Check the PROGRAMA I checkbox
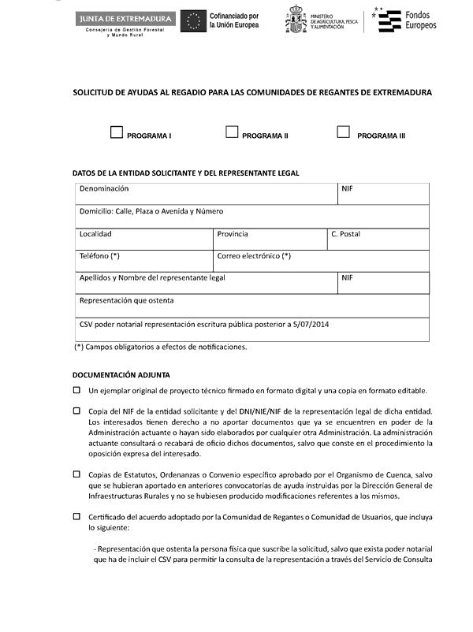[x=117, y=132]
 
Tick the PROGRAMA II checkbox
[x=232, y=132]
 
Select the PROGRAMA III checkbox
[x=343, y=132]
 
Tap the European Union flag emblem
[x=194, y=20]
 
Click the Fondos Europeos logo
[x=406, y=20]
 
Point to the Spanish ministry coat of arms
[x=296, y=20]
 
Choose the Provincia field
[x=270, y=240]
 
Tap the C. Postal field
[x=378, y=240]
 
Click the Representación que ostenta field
[x=252, y=306]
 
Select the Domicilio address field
[x=252, y=217]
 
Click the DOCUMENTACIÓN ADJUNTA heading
[x=121, y=375]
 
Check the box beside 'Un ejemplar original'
[x=76, y=390]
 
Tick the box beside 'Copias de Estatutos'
[x=76, y=474]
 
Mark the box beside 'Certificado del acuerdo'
[x=76, y=516]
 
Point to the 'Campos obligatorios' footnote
[x=161, y=347]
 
